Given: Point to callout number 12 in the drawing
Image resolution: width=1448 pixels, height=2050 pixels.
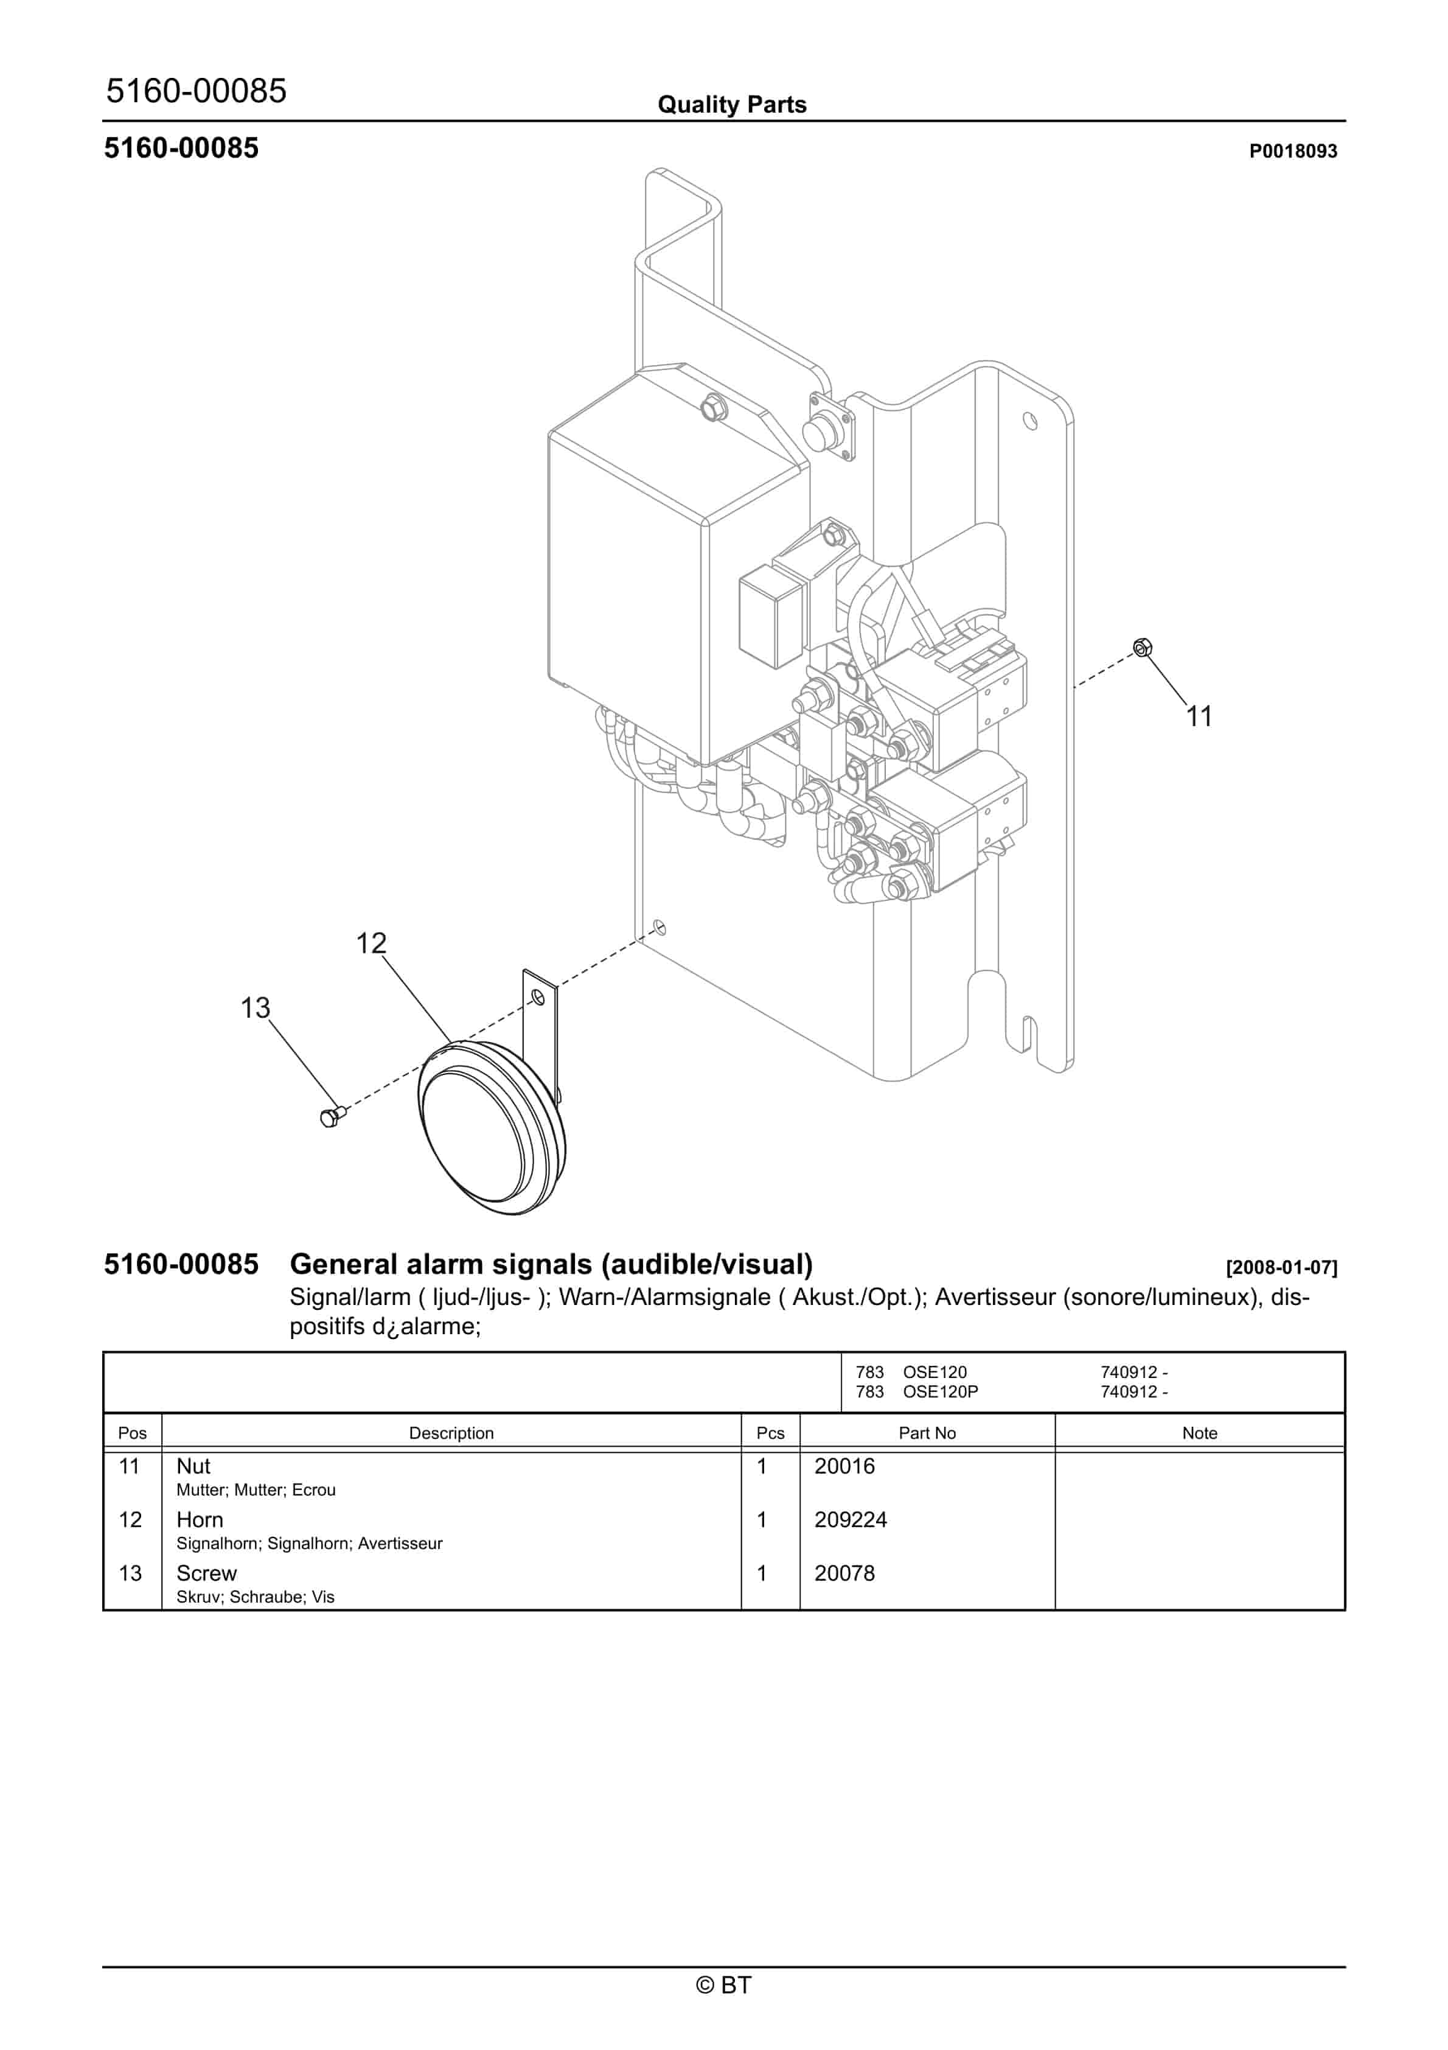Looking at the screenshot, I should (371, 943).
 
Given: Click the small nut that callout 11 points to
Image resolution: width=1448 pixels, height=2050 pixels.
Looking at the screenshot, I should (1142, 648).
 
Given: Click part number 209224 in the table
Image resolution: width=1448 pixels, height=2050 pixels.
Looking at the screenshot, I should (850, 1520).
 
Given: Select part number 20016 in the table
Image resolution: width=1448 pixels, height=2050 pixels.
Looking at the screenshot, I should (844, 1466).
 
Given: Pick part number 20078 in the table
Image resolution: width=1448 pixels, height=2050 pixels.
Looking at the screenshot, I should (844, 1573).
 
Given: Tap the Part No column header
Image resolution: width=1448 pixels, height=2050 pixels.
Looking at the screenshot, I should (927, 1433).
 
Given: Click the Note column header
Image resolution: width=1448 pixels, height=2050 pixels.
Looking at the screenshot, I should (1199, 1433).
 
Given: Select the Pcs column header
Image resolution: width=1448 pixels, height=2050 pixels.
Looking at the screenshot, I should (770, 1433).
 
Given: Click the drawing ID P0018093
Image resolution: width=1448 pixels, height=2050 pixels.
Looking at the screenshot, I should (1292, 151).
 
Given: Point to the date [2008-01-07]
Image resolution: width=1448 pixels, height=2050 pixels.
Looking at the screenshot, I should (1281, 1267).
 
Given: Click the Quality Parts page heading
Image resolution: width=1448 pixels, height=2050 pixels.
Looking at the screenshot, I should (731, 105).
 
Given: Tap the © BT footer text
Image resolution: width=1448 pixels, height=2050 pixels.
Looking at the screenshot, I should (723, 1985).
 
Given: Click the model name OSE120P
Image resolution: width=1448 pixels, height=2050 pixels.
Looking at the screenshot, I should (940, 1391).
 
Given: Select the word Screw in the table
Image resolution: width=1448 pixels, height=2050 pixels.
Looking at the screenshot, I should (206, 1573).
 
